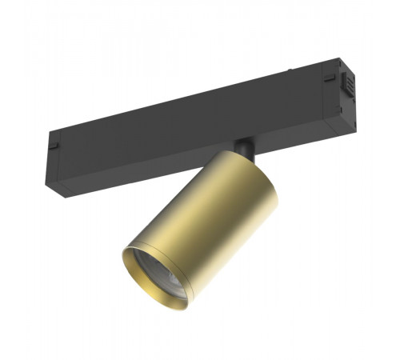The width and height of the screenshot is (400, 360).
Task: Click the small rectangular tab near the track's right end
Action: tap(329, 77)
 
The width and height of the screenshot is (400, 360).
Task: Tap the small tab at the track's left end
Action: tap(53, 147)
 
